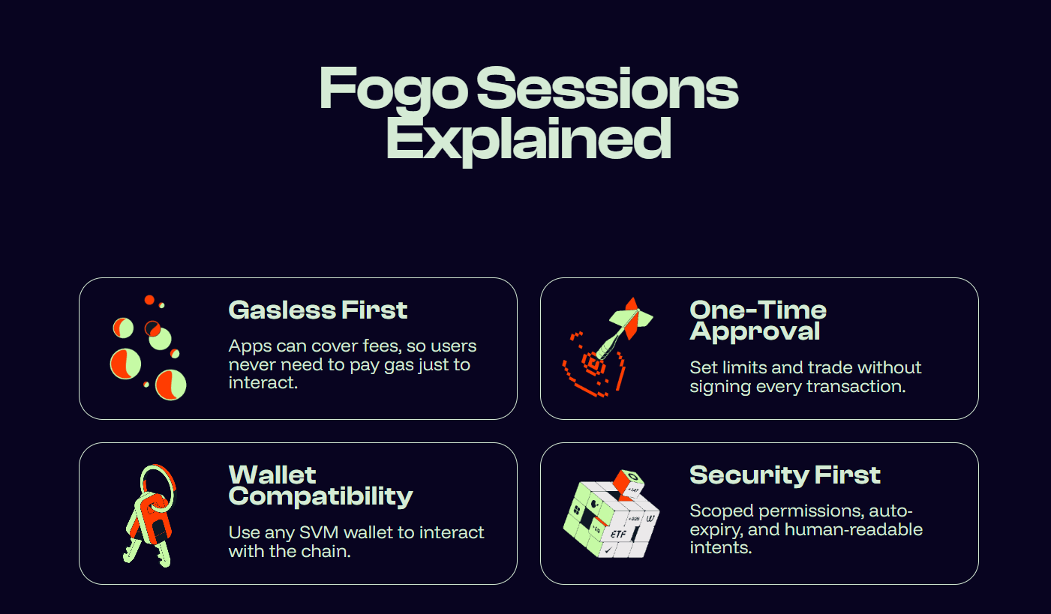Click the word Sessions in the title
(x=608, y=88)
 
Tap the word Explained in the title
(x=528, y=139)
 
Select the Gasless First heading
(x=317, y=310)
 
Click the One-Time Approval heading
(x=758, y=321)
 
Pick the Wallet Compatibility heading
(x=320, y=486)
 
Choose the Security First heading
(x=785, y=475)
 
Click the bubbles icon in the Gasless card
(x=149, y=348)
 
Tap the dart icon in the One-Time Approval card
(x=608, y=347)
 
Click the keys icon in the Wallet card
(x=150, y=516)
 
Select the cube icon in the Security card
(x=611, y=514)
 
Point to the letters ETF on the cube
(x=618, y=534)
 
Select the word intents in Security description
(x=721, y=548)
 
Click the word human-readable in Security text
(x=854, y=529)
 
